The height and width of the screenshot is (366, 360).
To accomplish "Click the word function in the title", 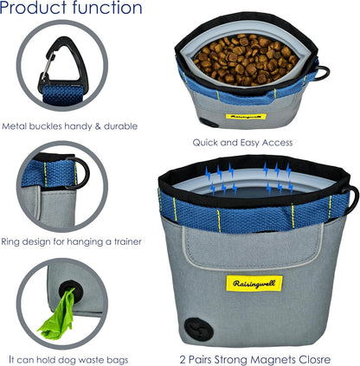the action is [107, 7].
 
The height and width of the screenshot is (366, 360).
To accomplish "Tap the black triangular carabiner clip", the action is [62, 64].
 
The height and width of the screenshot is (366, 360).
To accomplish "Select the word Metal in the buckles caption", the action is [14, 126].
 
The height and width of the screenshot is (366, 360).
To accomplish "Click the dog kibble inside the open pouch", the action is [246, 60].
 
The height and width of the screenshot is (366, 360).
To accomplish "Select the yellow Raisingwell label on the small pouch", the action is [246, 117].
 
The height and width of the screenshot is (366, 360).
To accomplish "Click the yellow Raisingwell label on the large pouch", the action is [254, 283].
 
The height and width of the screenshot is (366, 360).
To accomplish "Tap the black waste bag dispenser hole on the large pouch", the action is [199, 329].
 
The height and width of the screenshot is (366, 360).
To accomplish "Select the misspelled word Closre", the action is [315, 360].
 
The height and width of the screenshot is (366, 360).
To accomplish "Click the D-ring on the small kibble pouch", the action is [323, 73].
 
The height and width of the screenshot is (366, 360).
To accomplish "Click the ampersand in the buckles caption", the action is [97, 126].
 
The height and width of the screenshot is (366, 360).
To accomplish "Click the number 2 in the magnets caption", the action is [183, 360].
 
